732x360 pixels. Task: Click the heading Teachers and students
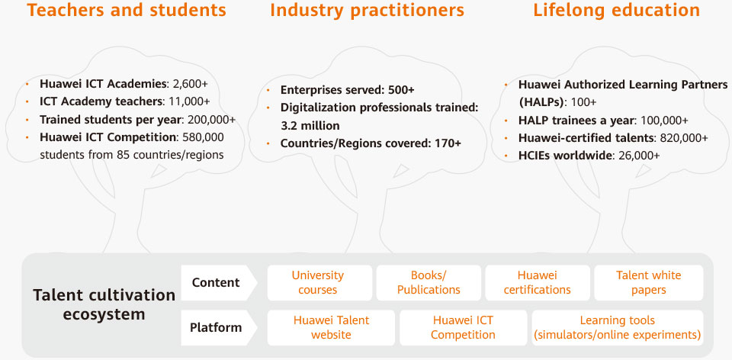pos(127,10)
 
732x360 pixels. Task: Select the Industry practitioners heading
pos(367,10)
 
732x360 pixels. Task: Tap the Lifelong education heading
pos(617,10)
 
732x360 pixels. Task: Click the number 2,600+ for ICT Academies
pos(190,84)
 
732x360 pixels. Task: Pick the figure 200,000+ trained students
pos(210,119)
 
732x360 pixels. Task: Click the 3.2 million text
pos(310,126)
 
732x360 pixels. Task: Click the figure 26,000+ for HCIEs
pos(639,155)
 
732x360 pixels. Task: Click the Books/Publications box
pos(429,283)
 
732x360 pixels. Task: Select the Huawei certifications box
pos(538,283)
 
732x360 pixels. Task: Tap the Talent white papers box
pos(648,283)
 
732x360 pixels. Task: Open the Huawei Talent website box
pos(331,328)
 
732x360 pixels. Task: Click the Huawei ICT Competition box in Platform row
pos(463,328)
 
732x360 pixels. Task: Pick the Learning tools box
pos(618,328)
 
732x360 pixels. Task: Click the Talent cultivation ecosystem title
pos(104,304)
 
